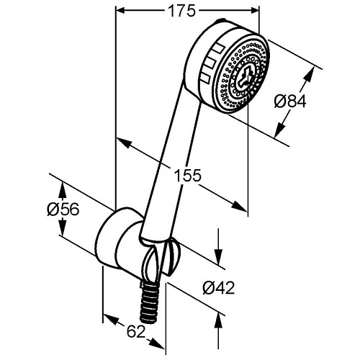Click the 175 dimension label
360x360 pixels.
click(x=181, y=11)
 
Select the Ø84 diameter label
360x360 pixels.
click(x=290, y=101)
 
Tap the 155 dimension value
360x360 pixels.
click(x=187, y=175)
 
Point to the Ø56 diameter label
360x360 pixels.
click(x=63, y=210)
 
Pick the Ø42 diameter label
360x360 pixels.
click(x=218, y=288)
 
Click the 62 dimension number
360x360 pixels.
click(x=136, y=332)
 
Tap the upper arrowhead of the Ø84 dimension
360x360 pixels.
click(x=310, y=74)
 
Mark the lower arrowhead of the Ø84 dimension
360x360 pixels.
click(x=279, y=130)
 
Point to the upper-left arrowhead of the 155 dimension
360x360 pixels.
click(x=124, y=143)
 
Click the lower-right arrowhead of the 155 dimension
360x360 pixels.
click(x=239, y=206)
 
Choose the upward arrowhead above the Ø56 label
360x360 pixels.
click(x=63, y=190)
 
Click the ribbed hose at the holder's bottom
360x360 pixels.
click(x=149, y=301)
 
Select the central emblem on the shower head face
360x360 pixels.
click(x=244, y=76)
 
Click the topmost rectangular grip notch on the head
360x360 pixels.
click(x=218, y=48)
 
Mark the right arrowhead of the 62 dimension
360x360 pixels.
click(x=158, y=343)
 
